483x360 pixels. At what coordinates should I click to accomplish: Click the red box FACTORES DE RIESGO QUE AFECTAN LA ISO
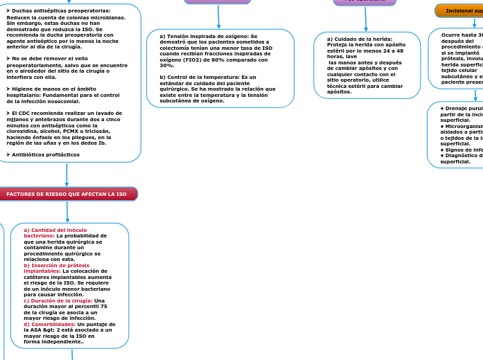67,195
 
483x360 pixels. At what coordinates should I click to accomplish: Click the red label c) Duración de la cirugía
59,300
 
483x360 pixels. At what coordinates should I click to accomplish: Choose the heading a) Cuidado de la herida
360,39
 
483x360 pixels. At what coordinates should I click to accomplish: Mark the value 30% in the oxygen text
166,66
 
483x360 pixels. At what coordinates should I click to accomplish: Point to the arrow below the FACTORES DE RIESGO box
68,211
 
